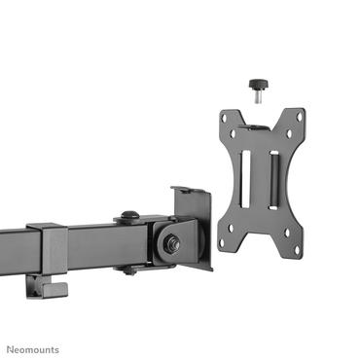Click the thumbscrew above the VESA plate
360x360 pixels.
click(x=260, y=85)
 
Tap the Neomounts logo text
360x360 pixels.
click(x=33, y=349)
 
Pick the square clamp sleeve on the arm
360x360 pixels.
click(x=48, y=251)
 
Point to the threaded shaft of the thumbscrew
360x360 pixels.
click(x=260, y=96)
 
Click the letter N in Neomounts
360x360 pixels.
click(x=11, y=349)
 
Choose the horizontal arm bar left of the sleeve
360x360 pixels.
click(x=15, y=244)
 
